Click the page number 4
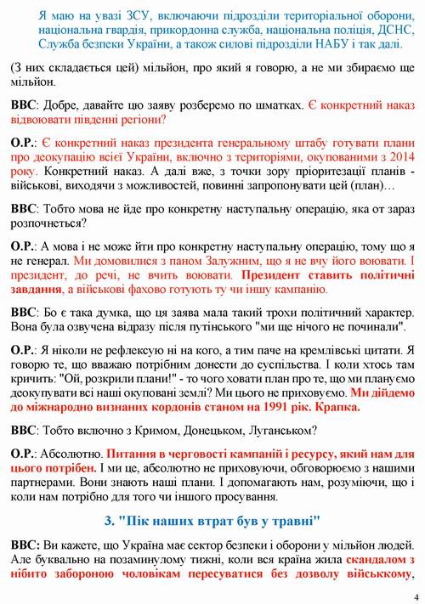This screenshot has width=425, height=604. pos(416,596)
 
